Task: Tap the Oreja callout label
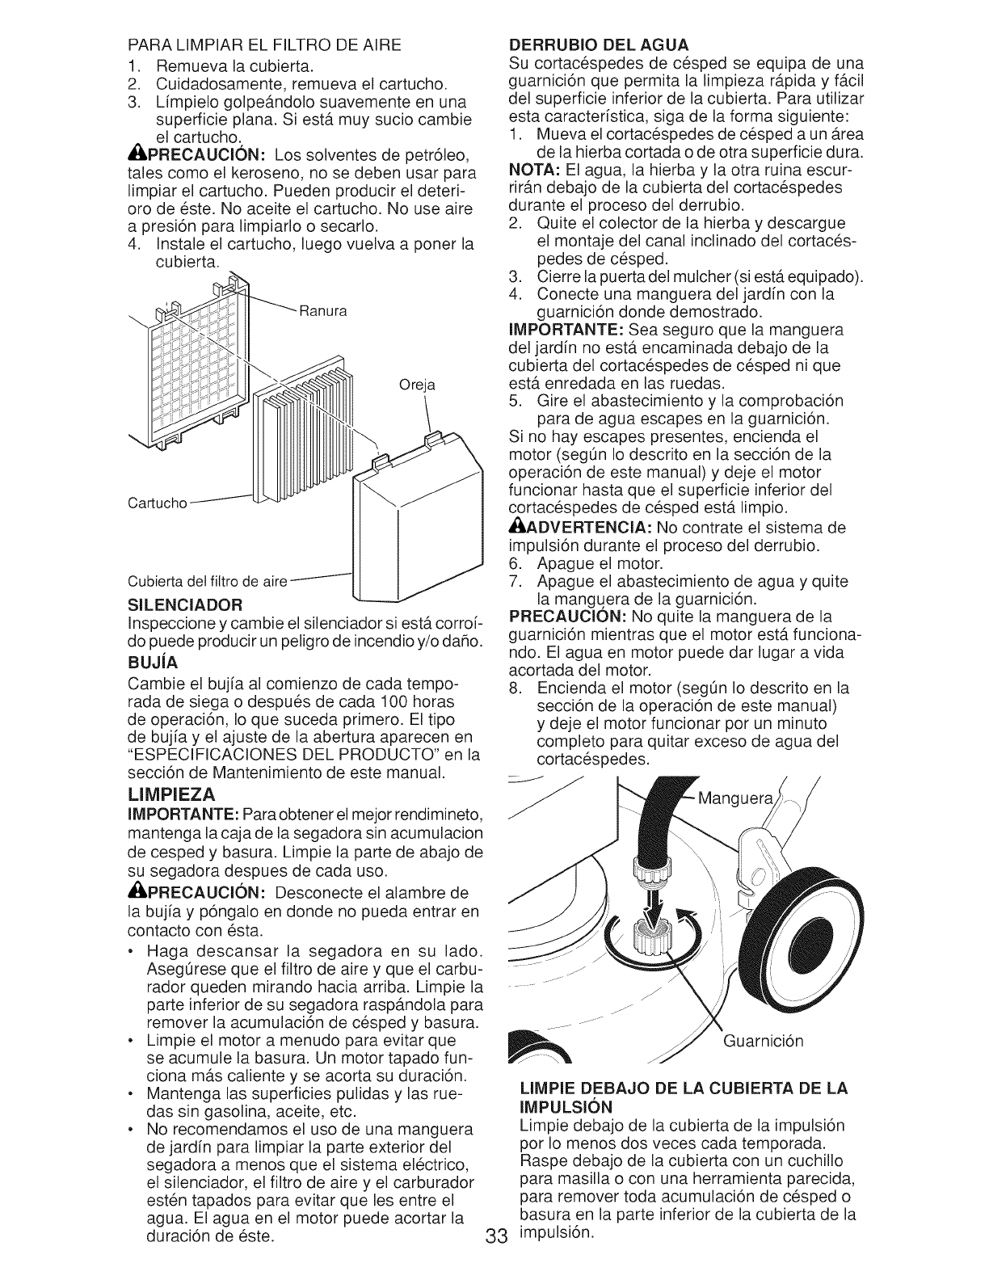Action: pos(417,385)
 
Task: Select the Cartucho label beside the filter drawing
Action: pos(158,504)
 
